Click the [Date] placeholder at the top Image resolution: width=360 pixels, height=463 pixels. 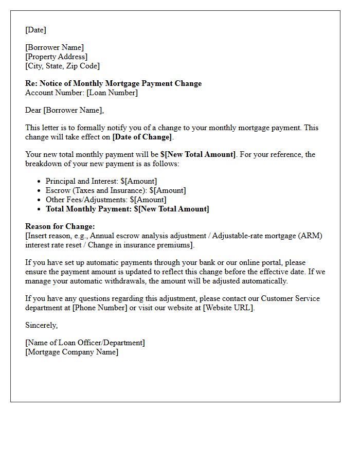[35, 30]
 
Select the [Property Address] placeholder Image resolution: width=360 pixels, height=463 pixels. [57, 57]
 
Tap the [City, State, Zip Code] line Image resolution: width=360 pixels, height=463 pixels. [62, 66]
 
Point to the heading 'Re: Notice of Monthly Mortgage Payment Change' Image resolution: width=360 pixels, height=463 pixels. [113, 83]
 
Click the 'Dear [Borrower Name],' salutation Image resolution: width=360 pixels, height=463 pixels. [64, 110]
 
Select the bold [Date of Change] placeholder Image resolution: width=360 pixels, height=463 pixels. [142, 137]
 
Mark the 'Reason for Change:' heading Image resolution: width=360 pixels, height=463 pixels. [60, 226]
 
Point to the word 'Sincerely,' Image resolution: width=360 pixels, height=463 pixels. [42, 325]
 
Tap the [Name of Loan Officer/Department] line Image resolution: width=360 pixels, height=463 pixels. [85, 343]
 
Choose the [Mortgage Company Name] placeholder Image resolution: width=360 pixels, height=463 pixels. [71, 352]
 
